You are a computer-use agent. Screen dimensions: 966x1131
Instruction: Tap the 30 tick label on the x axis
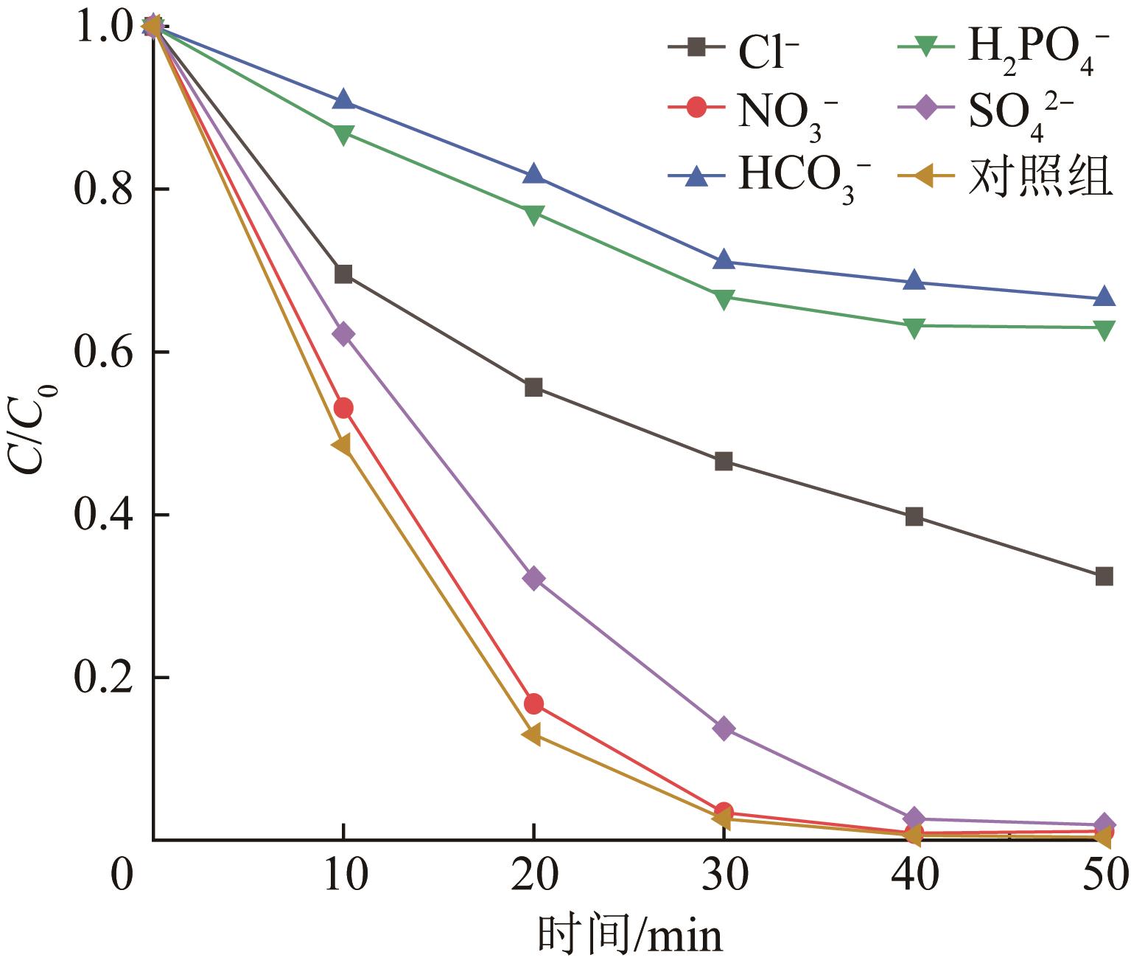click(x=724, y=878)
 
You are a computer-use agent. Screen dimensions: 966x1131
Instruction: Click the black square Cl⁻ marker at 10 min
click(x=343, y=274)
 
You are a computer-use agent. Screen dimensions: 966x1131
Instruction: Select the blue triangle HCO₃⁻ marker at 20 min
click(x=533, y=175)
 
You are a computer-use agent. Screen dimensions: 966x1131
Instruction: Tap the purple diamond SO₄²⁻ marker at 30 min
click(x=724, y=729)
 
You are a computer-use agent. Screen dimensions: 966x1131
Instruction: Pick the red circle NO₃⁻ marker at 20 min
click(x=533, y=703)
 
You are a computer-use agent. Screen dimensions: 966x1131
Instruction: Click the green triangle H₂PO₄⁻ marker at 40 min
click(x=914, y=327)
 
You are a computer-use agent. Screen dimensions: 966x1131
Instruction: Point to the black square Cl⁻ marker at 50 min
click(x=1104, y=576)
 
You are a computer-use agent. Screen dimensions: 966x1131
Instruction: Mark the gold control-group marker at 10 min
click(x=341, y=445)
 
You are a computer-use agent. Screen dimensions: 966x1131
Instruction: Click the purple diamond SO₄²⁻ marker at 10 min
click(x=343, y=334)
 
